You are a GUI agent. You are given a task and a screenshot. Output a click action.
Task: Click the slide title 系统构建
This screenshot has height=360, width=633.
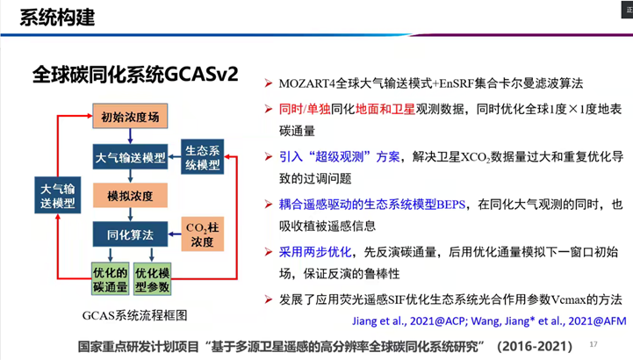[x=57, y=18]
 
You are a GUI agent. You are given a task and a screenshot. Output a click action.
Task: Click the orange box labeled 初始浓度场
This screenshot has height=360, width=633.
[x=130, y=116]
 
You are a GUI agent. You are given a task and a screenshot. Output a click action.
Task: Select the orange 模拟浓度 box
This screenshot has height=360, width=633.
[x=130, y=196]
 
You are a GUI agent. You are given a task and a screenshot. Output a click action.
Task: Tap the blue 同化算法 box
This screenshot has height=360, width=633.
[x=130, y=234]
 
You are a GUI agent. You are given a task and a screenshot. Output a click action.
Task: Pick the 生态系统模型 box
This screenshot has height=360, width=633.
[x=202, y=157]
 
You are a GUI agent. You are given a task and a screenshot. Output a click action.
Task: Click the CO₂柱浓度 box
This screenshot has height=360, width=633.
[x=202, y=234]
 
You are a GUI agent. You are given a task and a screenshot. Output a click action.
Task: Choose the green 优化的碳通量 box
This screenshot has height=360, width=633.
[x=111, y=278]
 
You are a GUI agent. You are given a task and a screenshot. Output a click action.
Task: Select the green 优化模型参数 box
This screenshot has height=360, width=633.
[x=152, y=278]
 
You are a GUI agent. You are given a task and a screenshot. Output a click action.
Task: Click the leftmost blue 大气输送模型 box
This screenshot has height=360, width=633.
[x=58, y=195]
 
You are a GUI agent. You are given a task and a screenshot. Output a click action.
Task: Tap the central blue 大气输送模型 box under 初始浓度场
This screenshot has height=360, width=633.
[x=130, y=156]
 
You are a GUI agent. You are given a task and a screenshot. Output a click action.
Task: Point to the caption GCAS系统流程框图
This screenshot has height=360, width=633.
[x=135, y=315]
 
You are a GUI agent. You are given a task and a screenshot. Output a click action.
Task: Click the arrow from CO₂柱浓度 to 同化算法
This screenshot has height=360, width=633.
[x=175, y=234]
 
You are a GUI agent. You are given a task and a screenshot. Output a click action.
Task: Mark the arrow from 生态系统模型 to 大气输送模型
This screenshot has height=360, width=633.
[x=175, y=156]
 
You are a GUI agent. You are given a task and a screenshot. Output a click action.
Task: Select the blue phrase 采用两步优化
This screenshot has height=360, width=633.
[x=315, y=252]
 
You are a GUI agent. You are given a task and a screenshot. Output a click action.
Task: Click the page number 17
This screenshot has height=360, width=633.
[x=593, y=344]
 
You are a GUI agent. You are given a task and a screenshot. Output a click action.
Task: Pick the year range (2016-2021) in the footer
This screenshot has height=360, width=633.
[x=535, y=346]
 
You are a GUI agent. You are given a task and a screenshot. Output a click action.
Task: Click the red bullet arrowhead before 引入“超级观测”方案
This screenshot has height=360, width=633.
[x=269, y=156]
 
